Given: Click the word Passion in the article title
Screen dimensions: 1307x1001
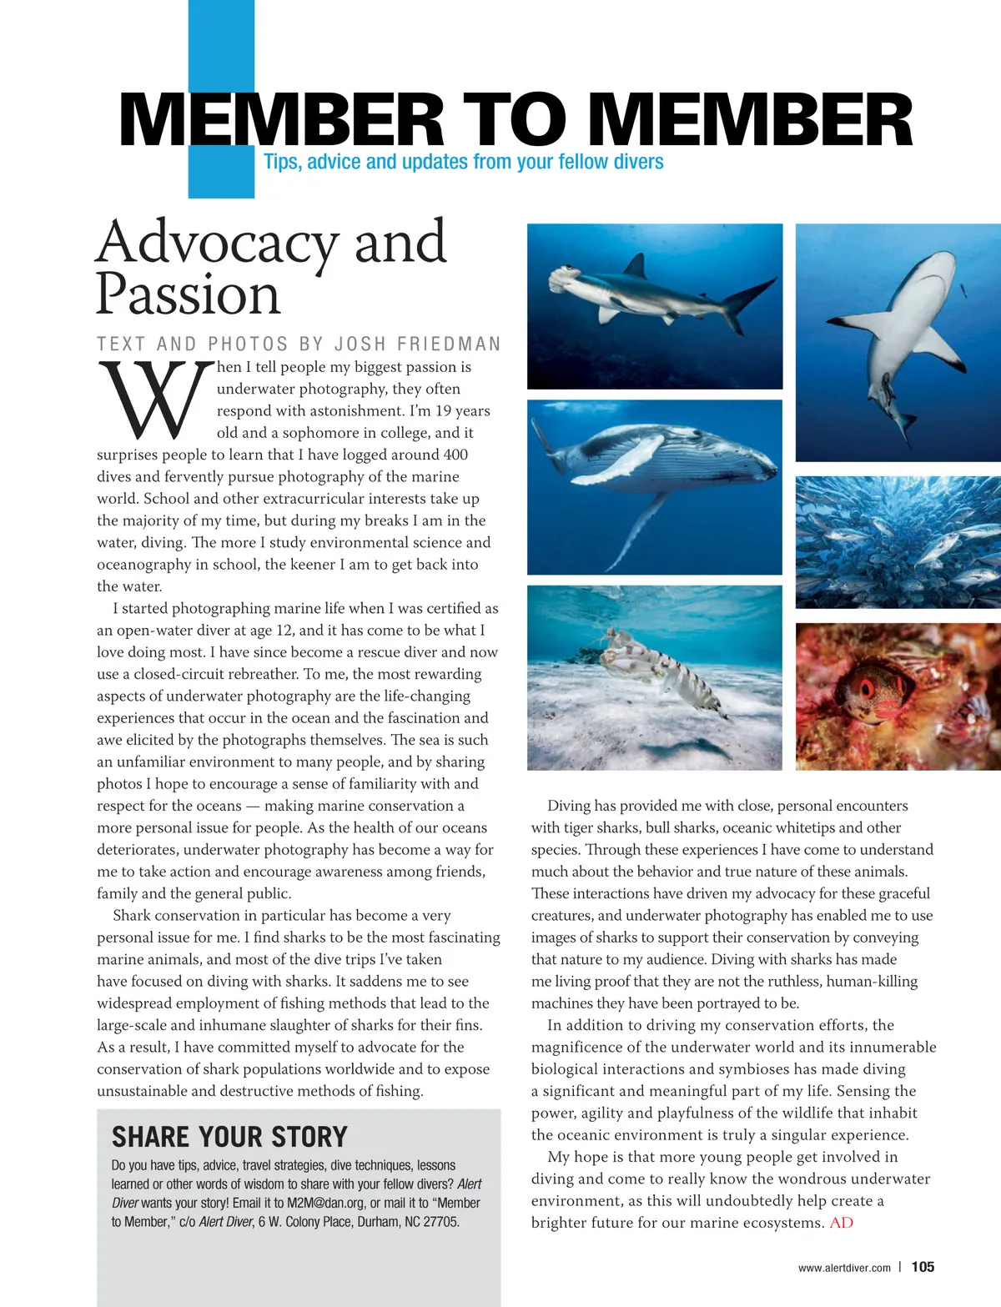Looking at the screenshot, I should pyautogui.click(x=188, y=294).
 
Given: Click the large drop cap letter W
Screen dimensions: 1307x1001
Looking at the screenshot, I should pyautogui.click(x=154, y=400).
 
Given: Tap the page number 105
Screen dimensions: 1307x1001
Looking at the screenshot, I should pyautogui.click(x=923, y=1267).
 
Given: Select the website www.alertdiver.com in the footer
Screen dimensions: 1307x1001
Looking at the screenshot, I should pyautogui.click(x=843, y=1268).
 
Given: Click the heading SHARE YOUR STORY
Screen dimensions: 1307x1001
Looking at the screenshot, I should pyautogui.click(x=229, y=1137).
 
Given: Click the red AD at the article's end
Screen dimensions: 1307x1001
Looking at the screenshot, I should pyautogui.click(x=841, y=1223).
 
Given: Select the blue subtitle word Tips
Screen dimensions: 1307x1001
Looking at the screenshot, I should pyautogui.click(x=281, y=162).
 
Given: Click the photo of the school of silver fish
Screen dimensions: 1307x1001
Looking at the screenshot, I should pyautogui.click(x=898, y=542).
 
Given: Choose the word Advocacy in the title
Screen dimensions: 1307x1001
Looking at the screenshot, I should pyautogui.click(x=217, y=242).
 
